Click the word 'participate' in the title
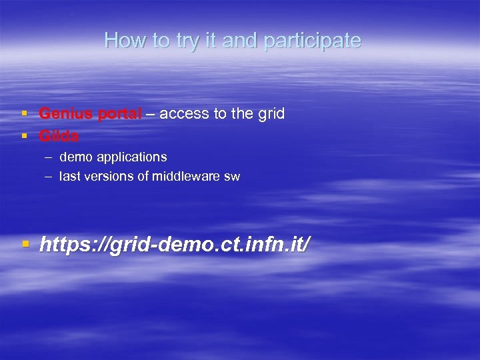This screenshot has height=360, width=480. point(312,41)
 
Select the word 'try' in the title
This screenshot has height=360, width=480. point(189,41)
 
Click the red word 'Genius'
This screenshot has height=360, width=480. point(66,114)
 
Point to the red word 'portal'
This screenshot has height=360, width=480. point(119,115)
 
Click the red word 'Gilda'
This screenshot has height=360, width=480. point(59,136)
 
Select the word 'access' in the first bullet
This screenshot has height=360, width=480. point(184,114)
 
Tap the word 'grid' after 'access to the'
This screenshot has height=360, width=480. point(271,114)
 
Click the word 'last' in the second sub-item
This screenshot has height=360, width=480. point(69,177)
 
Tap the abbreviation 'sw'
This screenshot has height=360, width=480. point(232,177)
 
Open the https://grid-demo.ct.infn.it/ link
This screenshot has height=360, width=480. point(175,245)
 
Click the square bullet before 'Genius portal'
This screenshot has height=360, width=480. point(25,115)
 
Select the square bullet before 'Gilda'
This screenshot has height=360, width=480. point(25,137)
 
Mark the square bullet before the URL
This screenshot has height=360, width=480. point(26,245)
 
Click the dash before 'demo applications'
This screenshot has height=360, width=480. point(49,157)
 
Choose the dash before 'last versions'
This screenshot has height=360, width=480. point(49,177)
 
